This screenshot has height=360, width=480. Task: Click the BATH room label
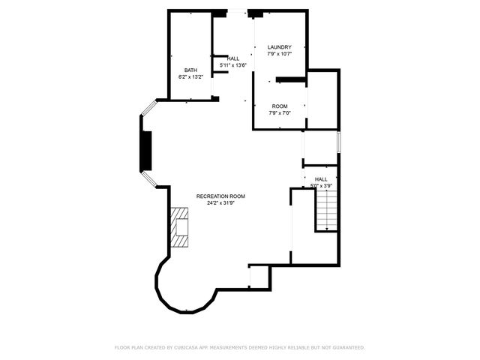click(x=191, y=70)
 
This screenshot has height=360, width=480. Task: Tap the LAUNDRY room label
click(x=280, y=47)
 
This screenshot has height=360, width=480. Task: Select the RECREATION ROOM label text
click(x=220, y=196)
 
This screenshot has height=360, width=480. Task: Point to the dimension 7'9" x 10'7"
click(x=280, y=54)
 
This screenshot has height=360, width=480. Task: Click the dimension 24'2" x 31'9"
click(x=220, y=202)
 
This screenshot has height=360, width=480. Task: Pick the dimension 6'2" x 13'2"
click(x=191, y=76)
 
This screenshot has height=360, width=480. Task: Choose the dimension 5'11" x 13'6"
click(x=233, y=65)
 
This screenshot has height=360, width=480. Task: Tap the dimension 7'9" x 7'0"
click(x=280, y=113)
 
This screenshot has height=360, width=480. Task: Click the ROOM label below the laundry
click(x=280, y=106)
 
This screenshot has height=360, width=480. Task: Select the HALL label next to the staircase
click(x=321, y=179)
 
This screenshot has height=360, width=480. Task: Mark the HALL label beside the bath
click(x=233, y=58)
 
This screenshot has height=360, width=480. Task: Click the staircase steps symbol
click(x=327, y=209)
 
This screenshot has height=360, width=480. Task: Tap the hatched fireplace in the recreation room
click(x=180, y=227)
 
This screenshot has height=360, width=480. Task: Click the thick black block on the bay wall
click(x=147, y=151)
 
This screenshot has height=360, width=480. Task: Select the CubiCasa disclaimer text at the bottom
click(x=240, y=347)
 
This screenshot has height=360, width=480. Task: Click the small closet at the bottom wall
click(x=259, y=277)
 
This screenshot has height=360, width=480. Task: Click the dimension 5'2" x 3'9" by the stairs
click(x=320, y=185)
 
